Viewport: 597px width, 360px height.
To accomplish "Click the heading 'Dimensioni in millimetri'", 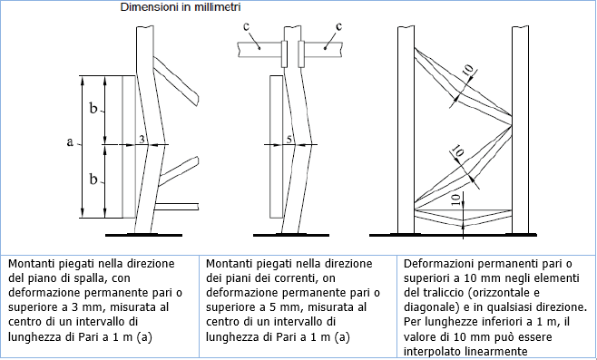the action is tap(181, 7).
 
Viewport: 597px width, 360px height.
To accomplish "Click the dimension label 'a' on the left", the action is tap(70, 142).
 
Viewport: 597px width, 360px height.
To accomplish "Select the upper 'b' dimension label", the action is tap(93, 109).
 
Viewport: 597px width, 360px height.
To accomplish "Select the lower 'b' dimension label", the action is tap(93, 179).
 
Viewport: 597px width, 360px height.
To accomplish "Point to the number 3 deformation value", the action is tap(142, 140).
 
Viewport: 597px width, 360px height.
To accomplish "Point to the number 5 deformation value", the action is tap(289, 140).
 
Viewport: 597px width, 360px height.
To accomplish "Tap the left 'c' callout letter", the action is tap(247, 26).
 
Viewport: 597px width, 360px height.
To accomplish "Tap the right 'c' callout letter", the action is tap(338, 26).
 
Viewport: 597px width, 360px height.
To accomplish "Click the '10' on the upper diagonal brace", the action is tap(469, 71).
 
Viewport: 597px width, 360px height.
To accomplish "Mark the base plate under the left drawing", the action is tap(143, 235).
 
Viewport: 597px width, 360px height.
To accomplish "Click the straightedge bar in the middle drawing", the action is tap(276, 147).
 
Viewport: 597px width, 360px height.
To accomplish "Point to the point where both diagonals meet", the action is tap(511, 125).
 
